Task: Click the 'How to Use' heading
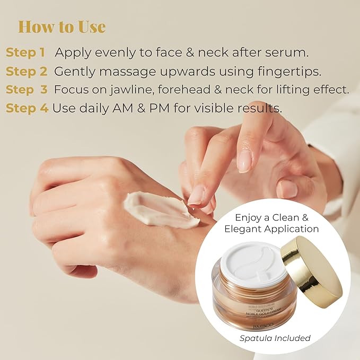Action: pyautogui.click(x=62, y=27)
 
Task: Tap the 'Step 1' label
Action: pyautogui.click(x=25, y=52)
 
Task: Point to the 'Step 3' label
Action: pyautogui.click(x=27, y=90)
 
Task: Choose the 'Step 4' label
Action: pyautogui.click(x=27, y=108)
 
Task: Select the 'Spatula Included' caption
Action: pyautogui.click(x=274, y=338)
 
